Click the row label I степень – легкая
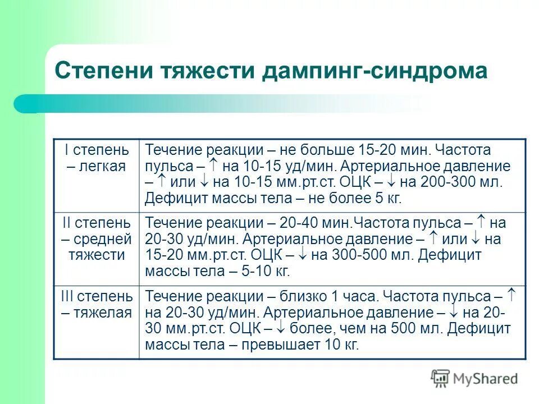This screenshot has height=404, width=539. pyautogui.click(x=96, y=158)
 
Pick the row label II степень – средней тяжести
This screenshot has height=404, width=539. pyautogui.click(x=96, y=239)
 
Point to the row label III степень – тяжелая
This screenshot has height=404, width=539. pyautogui.click(x=96, y=304)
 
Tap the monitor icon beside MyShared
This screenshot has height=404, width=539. pyautogui.click(x=440, y=378)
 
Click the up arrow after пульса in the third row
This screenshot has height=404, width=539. pyautogui.click(x=511, y=295)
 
